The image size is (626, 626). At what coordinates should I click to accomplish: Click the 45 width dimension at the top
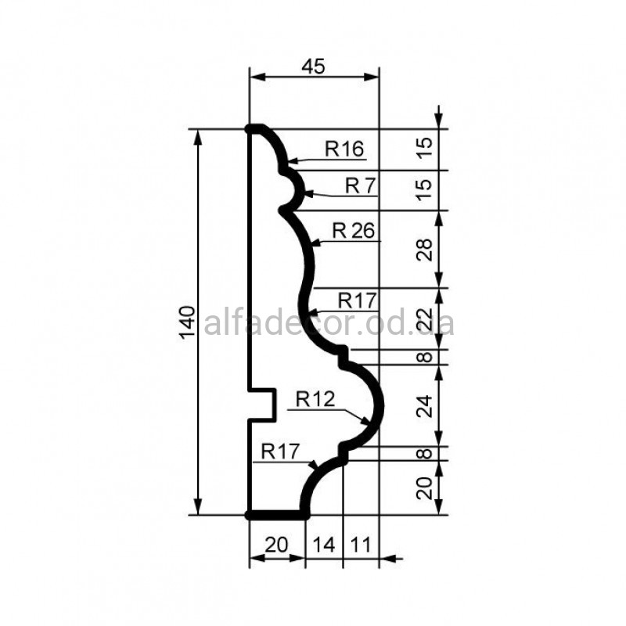coord(314,67)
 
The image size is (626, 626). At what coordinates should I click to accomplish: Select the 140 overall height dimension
coord(188,322)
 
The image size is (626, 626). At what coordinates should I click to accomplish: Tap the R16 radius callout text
coord(344,149)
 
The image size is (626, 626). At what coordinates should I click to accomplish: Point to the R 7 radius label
coord(361,185)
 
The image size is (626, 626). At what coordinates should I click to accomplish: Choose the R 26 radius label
coord(354,231)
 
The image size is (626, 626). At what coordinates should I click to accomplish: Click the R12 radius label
coord(315,399)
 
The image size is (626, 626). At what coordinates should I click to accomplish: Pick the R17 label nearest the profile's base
coord(280,452)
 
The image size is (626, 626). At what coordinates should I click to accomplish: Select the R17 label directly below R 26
coord(358,300)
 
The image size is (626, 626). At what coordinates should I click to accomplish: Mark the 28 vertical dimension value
coord(424,250)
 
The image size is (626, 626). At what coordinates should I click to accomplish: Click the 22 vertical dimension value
coord(424,319)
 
